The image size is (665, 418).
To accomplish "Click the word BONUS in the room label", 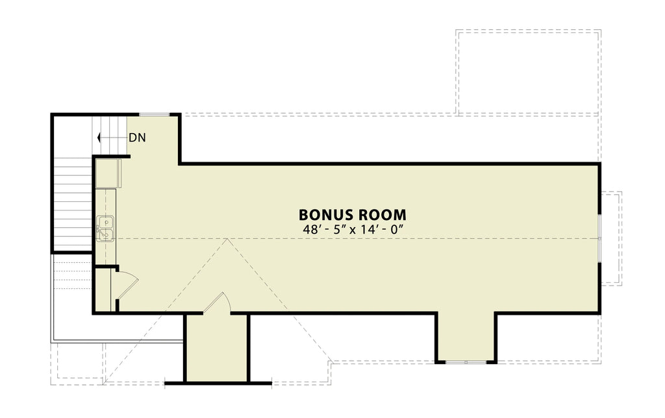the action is (325, 215).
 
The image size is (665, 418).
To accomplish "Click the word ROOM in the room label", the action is (381, 215).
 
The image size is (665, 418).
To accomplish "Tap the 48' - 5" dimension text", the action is (323, 229).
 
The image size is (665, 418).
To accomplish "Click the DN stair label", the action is (137, 138).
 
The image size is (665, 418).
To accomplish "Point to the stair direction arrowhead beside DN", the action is (99, 138).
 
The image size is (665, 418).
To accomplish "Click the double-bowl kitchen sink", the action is (105, 228).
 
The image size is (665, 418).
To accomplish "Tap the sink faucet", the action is (100, 229).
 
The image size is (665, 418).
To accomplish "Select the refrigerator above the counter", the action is (108, 173).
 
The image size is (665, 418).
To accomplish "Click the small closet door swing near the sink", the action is (128, 284).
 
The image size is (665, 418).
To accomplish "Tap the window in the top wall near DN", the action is (155, 114).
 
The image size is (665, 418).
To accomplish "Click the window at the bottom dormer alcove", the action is (466, 362).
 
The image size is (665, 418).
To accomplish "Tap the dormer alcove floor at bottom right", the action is (466, 337).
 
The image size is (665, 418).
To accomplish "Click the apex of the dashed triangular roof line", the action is (228, 239).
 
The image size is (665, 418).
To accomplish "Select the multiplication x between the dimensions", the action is (353, 230).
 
